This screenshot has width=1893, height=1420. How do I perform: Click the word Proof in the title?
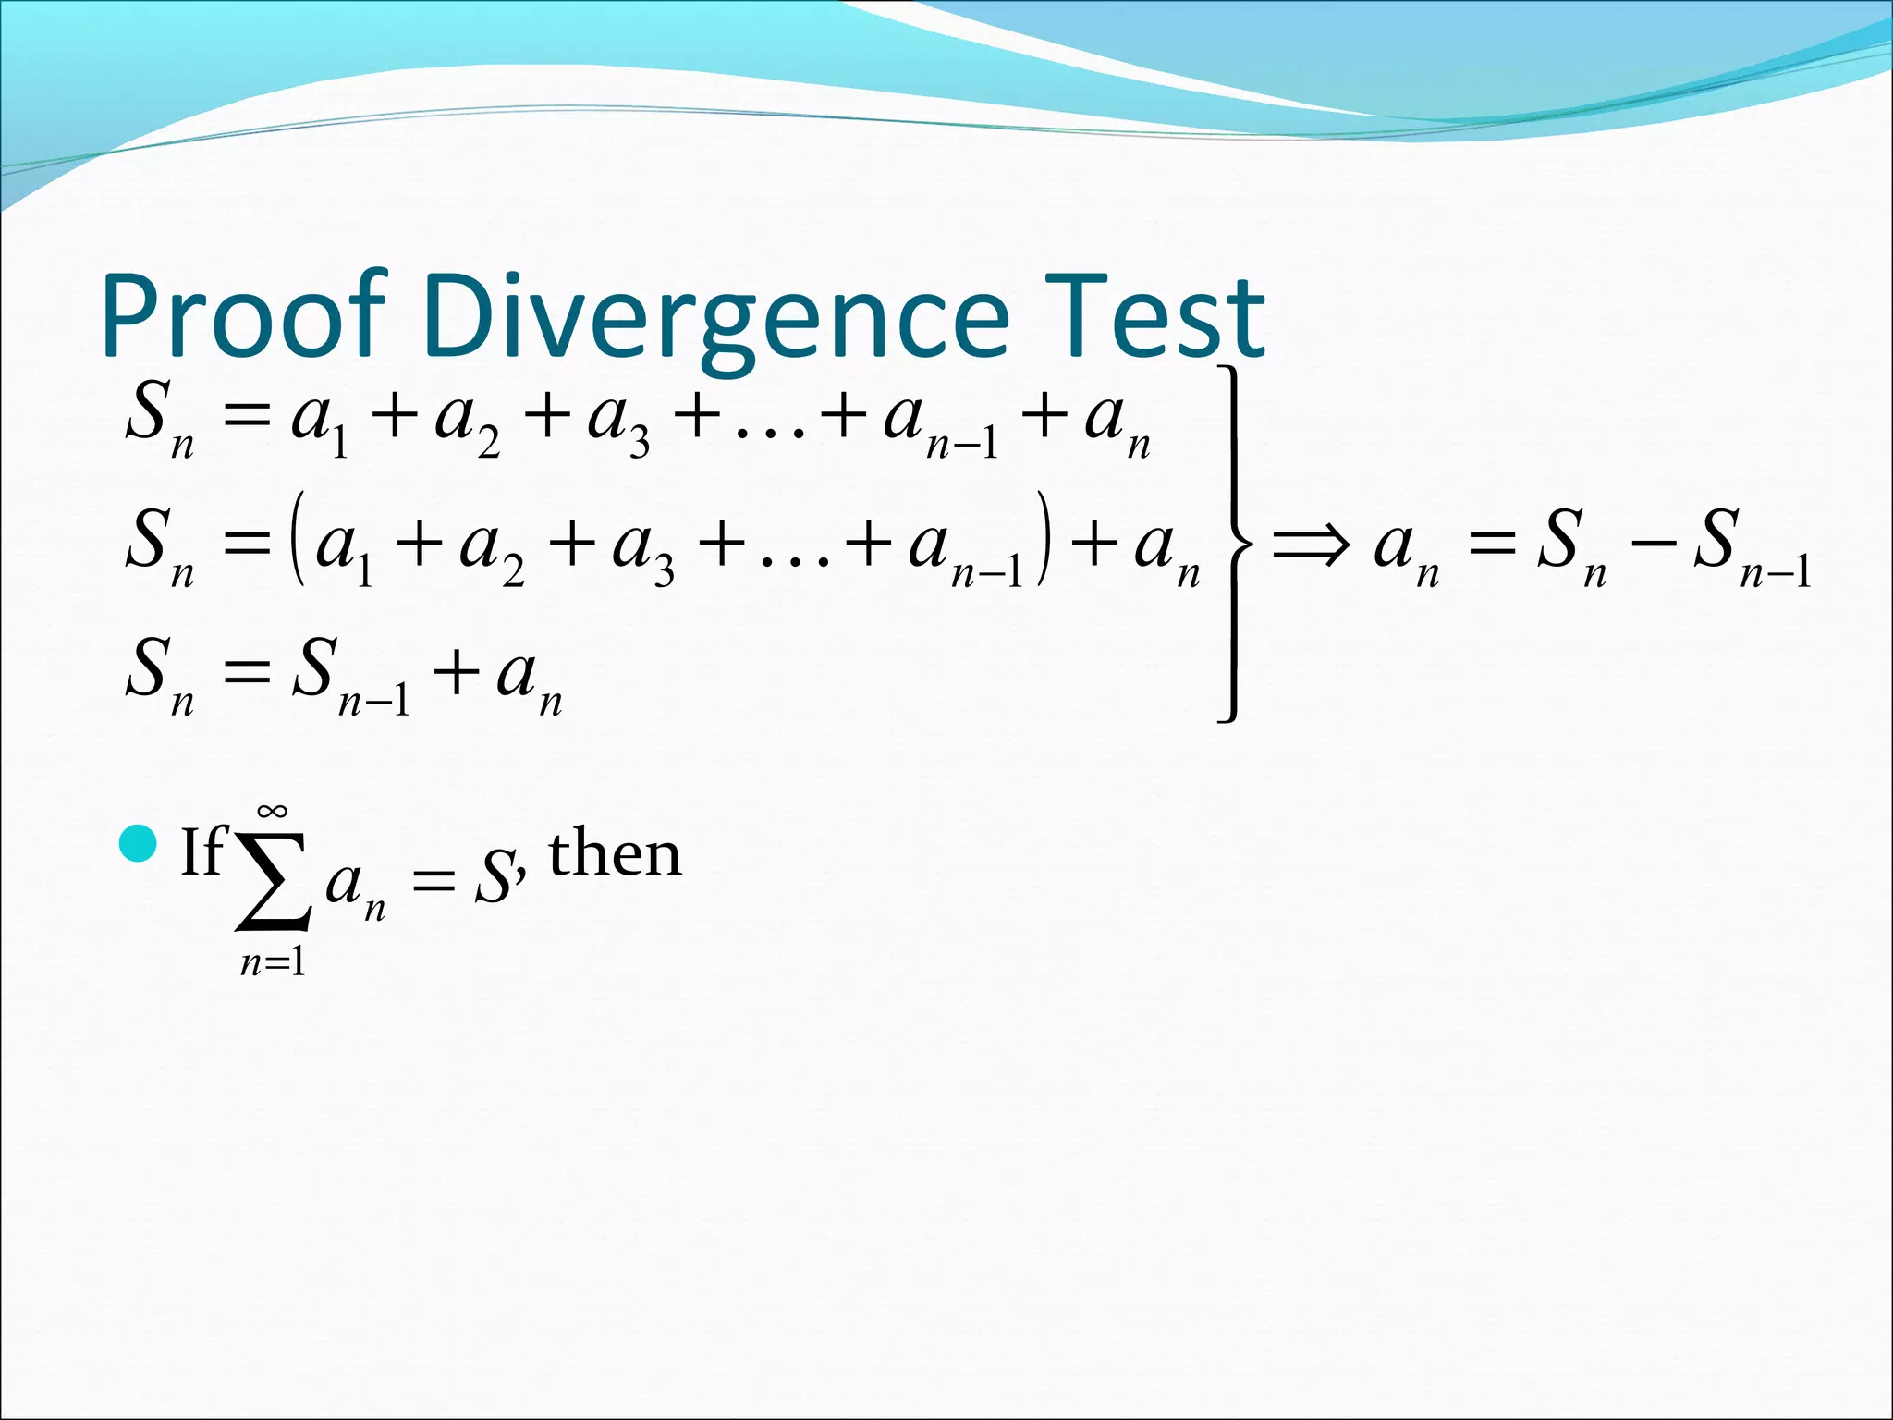242,316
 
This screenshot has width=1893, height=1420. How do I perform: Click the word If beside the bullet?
202,851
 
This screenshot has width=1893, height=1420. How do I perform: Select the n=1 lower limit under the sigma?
273,964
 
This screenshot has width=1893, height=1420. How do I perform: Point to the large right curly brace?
1235,543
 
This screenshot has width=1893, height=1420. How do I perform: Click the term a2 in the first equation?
467,421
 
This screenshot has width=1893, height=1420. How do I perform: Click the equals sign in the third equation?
245,673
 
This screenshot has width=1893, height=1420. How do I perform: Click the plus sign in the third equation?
456,671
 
